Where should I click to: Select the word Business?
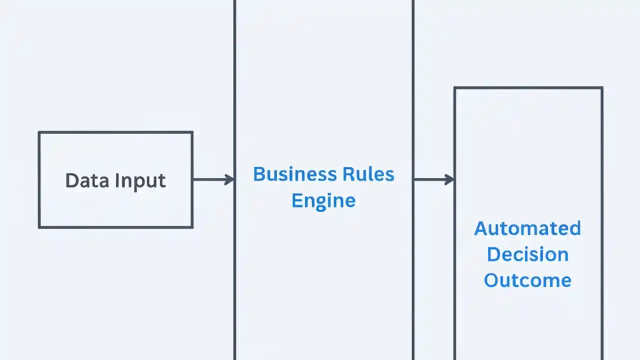click(x=287, y=174)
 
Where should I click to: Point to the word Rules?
click(x=368, y=174)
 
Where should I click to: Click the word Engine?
click(x=323, y=201)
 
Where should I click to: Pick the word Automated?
click(x=527, y=228)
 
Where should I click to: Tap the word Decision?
click(x=527, y=254)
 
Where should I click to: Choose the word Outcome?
click(x=527, y=280)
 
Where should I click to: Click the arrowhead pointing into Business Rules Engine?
click(x=230, y=179)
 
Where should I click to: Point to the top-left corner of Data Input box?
click(x=39, y=132)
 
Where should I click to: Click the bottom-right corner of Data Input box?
click(x=192, y=227)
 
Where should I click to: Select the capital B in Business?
click(x=258, y=174)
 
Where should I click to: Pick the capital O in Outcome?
click(x=491, y=280)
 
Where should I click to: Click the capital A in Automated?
click(x=481, y=228)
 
